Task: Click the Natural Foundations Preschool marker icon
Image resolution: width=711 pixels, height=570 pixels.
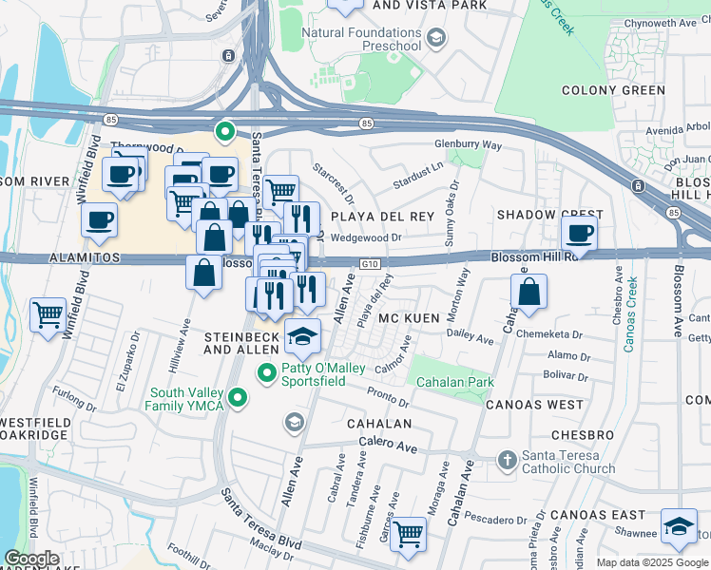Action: click(x=436, y=38)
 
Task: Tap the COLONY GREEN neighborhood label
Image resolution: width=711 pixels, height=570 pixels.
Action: click(x=614, y=90)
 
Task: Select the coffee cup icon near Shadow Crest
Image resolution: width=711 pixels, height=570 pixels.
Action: click(x=579, y=233)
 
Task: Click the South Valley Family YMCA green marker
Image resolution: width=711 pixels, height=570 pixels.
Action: click(x=239, y=398)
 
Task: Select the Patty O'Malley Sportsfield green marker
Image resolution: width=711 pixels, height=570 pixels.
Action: click(x=269, y=371)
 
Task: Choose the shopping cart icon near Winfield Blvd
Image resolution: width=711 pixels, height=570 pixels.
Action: click(x=47, y=314)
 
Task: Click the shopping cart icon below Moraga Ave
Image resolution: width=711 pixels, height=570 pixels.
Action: click(x=409, y=533)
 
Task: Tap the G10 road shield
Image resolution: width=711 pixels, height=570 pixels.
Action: click(x=370, y=266)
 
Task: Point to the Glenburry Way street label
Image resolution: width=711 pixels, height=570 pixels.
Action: click(x=468, y=144)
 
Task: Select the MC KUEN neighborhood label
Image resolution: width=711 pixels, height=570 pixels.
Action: click(x=411, y=319)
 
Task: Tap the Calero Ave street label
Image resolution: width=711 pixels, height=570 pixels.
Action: click(x=389, y=443)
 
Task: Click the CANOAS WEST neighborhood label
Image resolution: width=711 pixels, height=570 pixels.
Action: click(x=534, y=405)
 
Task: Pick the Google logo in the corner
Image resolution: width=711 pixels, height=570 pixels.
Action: click(x=32, y=557)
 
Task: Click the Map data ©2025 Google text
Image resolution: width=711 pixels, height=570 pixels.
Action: click(x=652, y=562)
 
